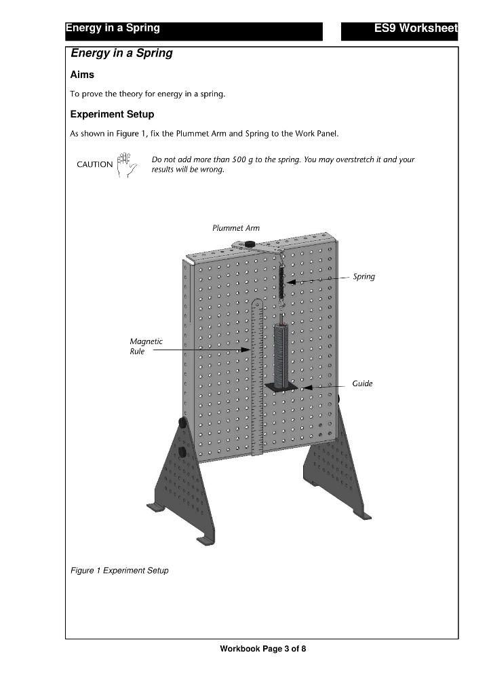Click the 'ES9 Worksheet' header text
[x=415, y=29]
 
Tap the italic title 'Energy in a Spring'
[x=121, y=54]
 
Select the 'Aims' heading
[x=82, y=75]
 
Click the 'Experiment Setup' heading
[x=112, y=114]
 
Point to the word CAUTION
[x=94, y=164]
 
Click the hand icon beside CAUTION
[x=125, y=165]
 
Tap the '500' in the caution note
[x=241, y=159]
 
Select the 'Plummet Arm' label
[x=235, y=228]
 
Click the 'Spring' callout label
[x=364, y=277]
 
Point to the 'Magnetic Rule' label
[x=146, y=346]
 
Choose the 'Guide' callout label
[x=362, y=383]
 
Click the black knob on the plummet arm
[x=249, y=244]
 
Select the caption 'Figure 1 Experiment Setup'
[x=119, y=570]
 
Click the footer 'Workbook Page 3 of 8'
[x=262, y=650]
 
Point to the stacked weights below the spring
[x=281, y=353]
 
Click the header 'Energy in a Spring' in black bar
[x=113, y=29]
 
